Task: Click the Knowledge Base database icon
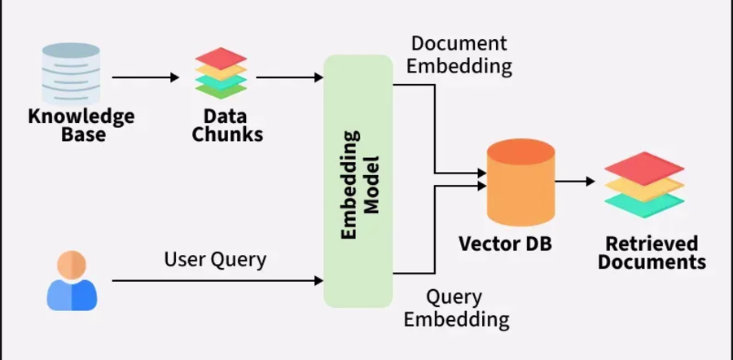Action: [71, 73]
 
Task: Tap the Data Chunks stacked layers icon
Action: [221, 73]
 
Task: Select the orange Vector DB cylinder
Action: [520, 182]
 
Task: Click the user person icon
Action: [72, 280]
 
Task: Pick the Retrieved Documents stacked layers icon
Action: [644, 185]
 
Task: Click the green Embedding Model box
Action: [358, 181]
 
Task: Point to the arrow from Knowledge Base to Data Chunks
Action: [146, 77]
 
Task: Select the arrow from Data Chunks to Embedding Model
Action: [290, 77]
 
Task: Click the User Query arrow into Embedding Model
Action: [217, 280]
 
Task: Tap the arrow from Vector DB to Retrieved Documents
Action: [575, 181]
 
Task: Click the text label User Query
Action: [215, 259]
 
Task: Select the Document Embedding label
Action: [459, 55]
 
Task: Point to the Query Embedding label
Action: [456, 309]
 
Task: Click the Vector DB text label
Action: [505, 244]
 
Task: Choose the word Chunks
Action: [227, 134]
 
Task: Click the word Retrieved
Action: [652, 244]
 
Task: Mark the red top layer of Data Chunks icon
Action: [221, 58]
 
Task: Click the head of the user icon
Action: [72, 265]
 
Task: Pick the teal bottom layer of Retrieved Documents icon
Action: [644, 204]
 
